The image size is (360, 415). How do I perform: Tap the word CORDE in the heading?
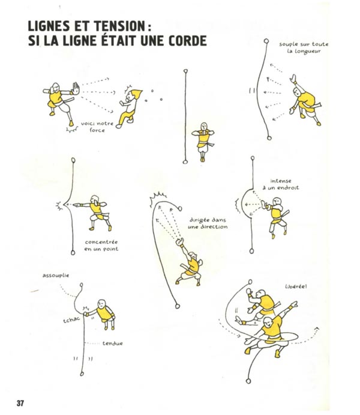[x=184, y=41]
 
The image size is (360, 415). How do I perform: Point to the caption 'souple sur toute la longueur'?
[x=303, y=48]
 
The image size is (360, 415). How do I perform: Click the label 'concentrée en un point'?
[x=101, y=246]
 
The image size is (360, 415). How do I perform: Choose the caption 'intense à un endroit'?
[x=284, y=184]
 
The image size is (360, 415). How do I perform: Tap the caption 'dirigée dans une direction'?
[x=208, y=223]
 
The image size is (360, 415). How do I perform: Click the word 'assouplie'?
[x=55, y=276]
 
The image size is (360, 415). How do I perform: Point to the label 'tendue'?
[x=113, y=343]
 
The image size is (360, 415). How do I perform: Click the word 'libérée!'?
[x=296, y=286]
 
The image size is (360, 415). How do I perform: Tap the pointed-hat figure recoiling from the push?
[x=130, y=106]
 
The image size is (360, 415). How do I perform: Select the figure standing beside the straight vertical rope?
[x=203, y=141]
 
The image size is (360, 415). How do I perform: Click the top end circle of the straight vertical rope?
[x=186, y=71]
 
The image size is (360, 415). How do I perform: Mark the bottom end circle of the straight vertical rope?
[x=186, y=161]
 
